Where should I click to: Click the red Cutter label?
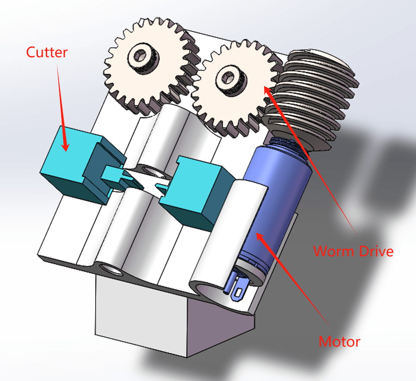pos(47,52)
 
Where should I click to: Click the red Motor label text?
pos(339,341)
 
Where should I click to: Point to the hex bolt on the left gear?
pos(143,58)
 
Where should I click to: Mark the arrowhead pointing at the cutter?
pos(65,146)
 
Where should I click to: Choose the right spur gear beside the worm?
pos(236,89)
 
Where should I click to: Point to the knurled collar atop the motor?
pos(287,144)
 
